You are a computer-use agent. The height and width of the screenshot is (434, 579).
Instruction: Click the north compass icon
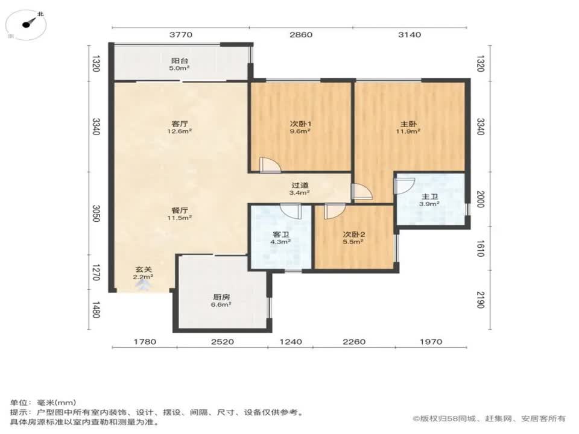point(27,24)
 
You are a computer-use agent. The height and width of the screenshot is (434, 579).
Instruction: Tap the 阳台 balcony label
point(180,61)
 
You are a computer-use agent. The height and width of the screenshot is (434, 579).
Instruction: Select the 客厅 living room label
point(180,124)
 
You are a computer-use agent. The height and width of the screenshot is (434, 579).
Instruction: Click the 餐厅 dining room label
point(180,210)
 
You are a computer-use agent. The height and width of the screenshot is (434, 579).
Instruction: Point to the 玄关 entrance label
point(144,270)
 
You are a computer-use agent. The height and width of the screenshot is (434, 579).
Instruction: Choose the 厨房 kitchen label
point(221,297)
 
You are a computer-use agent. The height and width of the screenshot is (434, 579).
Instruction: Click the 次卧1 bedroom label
point(300,124)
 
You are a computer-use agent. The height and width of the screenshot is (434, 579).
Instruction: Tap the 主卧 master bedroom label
point(408,124)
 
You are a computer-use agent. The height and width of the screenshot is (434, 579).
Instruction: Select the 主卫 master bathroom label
point(429,197)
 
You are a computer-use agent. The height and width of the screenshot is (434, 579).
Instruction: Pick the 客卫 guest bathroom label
point(280,234)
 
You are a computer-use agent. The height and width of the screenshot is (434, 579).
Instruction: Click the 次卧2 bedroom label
point(354,234)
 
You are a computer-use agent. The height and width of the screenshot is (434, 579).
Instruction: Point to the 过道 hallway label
point(300,185)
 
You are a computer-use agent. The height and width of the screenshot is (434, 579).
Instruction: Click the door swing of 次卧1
point(270,165)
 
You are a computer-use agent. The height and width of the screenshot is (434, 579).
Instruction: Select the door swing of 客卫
point(291,211)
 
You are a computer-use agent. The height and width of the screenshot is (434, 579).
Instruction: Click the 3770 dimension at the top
point(181,35)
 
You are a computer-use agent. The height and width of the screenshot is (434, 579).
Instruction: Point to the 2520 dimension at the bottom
point(223,342)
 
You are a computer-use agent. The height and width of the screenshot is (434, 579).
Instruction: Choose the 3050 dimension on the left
point(96,213)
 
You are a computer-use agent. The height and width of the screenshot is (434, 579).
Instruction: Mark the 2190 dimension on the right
point(479,300)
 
